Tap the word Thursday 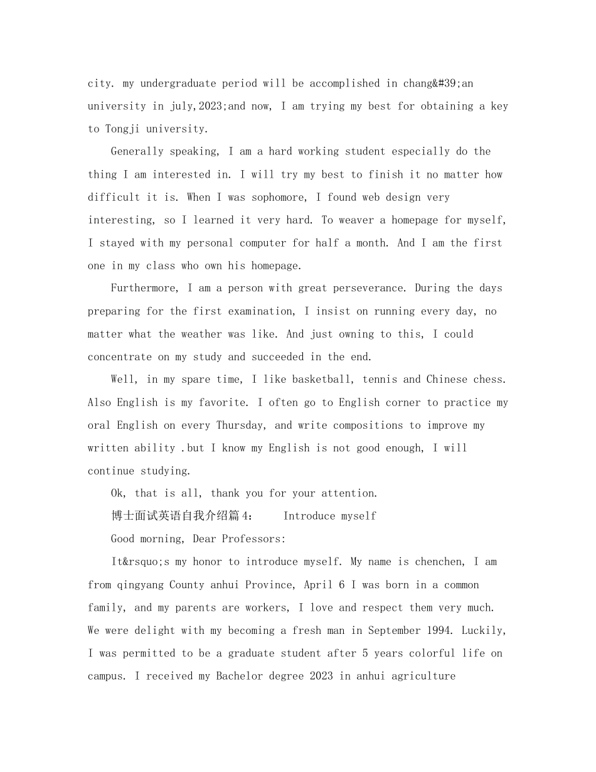242,425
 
